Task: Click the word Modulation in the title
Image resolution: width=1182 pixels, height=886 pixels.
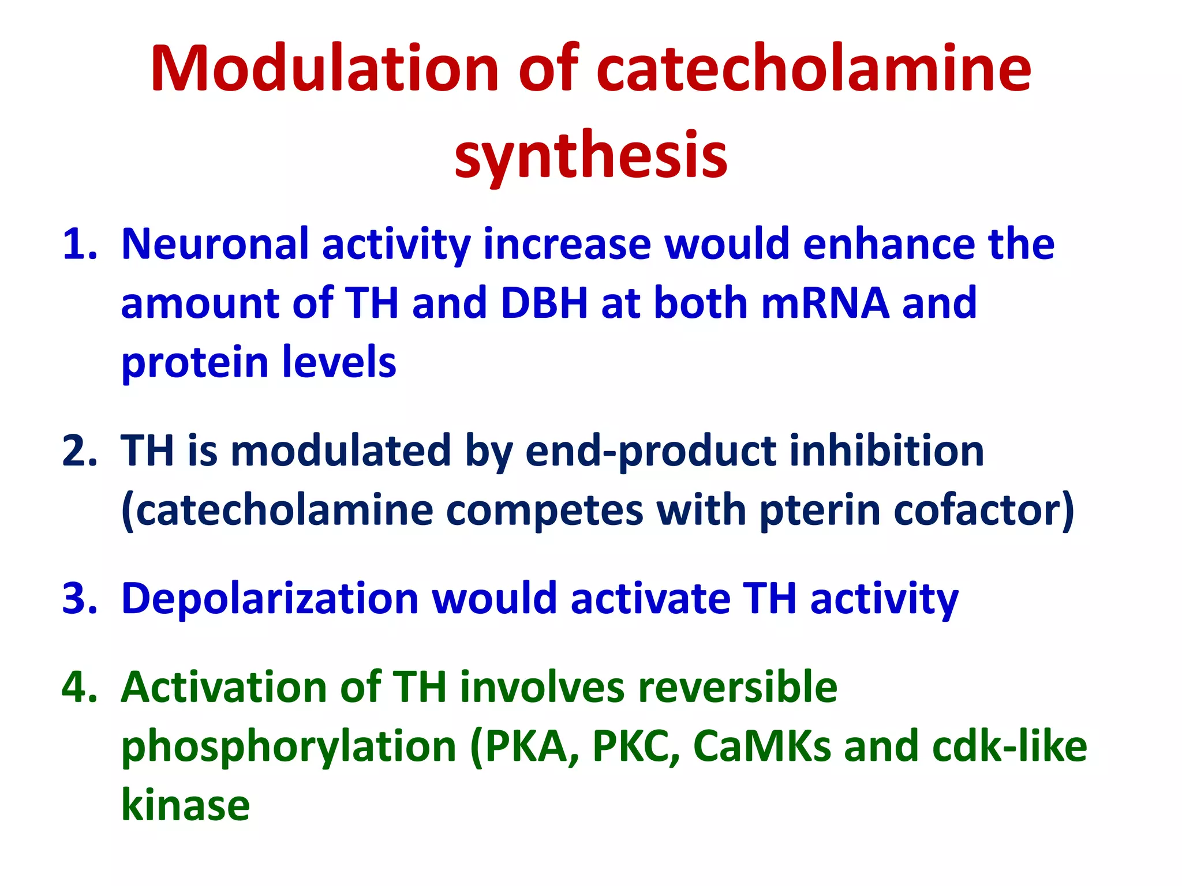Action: [x=324, y=69]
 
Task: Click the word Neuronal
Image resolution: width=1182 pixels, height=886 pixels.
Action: [x=215, y=244]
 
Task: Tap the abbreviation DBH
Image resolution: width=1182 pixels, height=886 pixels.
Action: [x=544, y=303]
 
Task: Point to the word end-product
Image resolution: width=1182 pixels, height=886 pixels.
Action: [x=651, y=452]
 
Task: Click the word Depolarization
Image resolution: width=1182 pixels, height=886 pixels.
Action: [x=270, y=599]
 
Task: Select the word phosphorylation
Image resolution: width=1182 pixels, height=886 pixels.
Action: [x=289, y=748]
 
